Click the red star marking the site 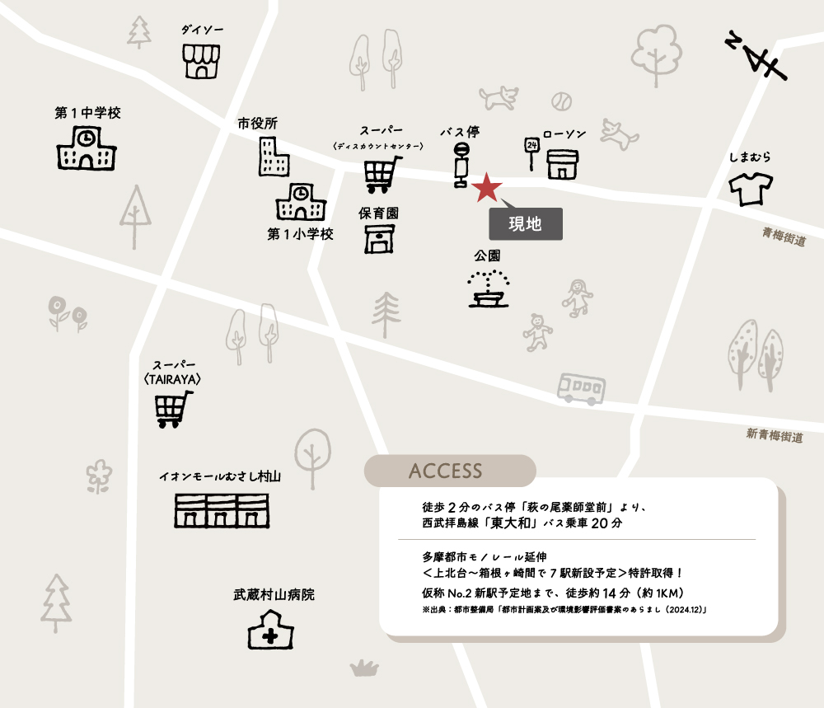[x=488, y=188]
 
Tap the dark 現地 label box [x=526, y=223]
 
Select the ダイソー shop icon [x=202, y=62]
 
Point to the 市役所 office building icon [x=273, y=157]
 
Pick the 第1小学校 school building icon [x=301, y=202]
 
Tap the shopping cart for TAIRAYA [x=174, y=409]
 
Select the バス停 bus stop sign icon [x=461, y=165]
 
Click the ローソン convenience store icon [x=563, y=162]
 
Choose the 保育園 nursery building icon [x=379, y=238]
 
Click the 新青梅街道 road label [x=775, y=435]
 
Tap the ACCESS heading [x=445, y=471]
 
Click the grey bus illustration [x=581, y=387]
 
